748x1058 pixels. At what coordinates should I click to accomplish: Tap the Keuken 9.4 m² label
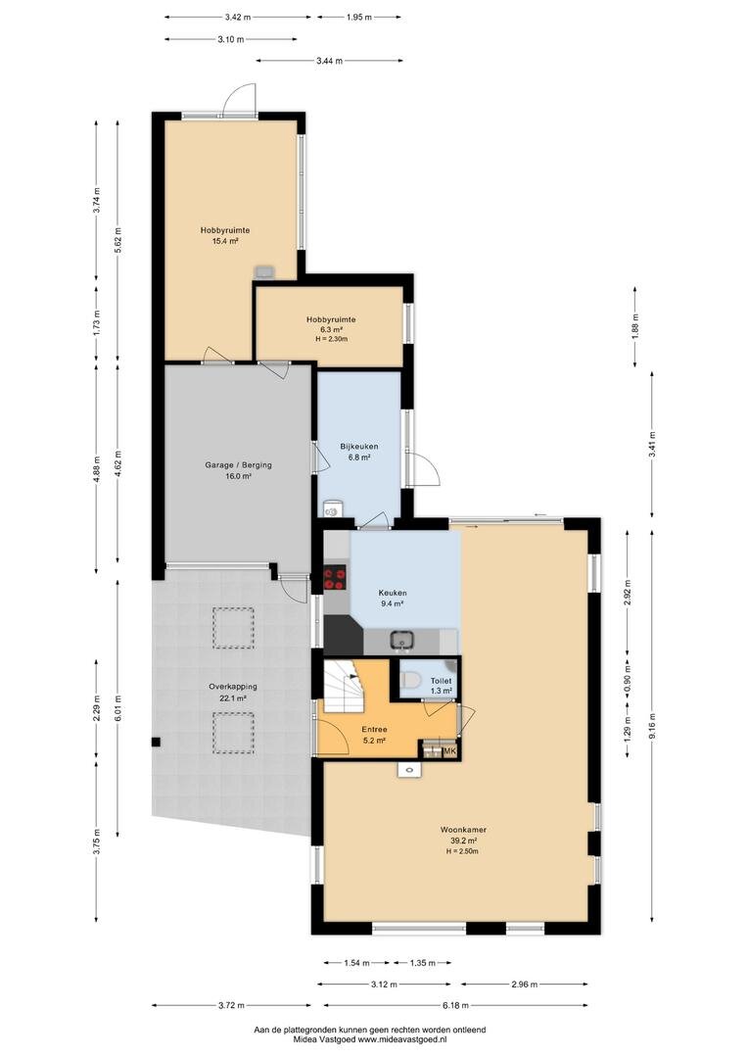pos(392,599)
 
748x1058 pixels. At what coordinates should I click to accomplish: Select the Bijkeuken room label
pos(358,452)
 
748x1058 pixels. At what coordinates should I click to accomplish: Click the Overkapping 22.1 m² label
pos(233,693)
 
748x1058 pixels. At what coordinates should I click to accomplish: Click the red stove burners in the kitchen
pos(335,578)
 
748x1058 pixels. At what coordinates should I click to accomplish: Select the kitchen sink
pos(402,640)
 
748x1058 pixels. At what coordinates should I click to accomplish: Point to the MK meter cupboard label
pos(450,751)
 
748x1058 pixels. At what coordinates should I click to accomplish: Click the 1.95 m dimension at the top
pos(358,17)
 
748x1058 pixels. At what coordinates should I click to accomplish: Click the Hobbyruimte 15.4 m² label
pos(224,235)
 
